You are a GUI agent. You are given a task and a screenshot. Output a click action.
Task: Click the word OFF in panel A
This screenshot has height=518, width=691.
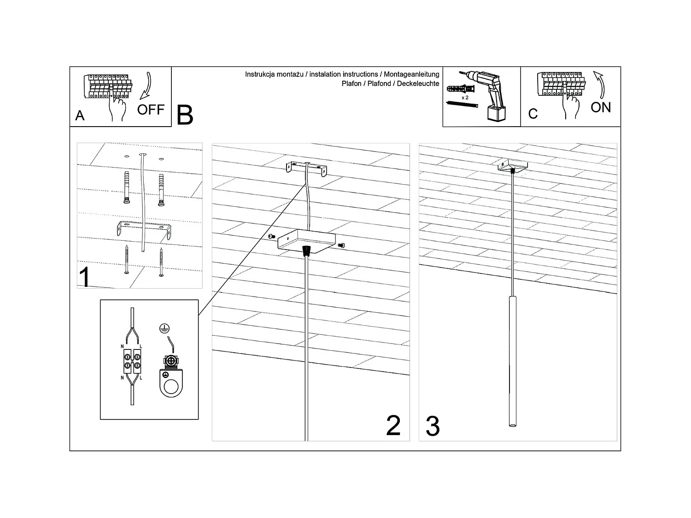pos(151,110)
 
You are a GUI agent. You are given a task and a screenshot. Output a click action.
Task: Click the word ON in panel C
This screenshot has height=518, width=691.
pos(601,107)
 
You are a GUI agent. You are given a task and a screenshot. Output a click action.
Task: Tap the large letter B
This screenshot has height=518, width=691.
pos(185,115)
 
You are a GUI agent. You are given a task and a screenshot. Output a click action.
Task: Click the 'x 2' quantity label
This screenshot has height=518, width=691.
pos(465,98)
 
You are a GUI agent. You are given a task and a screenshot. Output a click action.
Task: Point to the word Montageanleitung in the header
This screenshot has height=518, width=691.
pos(411,74)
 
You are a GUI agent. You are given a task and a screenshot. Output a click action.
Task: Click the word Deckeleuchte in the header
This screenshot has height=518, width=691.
pos(418,83)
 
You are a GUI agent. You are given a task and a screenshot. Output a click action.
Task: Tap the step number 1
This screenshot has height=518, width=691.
pos(85,277)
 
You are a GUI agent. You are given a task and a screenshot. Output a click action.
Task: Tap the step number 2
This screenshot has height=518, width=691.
pos(393,425)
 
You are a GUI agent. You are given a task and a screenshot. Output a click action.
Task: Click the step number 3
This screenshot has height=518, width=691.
pos(432,426)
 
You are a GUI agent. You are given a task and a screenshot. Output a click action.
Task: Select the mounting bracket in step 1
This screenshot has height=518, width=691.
pos(143,229)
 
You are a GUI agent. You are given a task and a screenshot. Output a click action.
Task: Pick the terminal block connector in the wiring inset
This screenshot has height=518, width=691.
pos(132,361)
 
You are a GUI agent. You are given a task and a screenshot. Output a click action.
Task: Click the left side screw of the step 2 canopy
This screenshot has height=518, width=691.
pos(270,236)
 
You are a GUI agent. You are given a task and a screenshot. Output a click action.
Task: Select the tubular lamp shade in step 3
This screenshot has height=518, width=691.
pos(512,361)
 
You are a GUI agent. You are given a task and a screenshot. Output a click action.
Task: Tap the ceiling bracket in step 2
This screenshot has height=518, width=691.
pos(306,168)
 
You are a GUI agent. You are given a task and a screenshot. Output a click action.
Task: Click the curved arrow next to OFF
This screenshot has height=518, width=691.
pos(146,86)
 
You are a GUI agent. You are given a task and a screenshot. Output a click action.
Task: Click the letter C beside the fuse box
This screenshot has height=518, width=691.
pos(533,114)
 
